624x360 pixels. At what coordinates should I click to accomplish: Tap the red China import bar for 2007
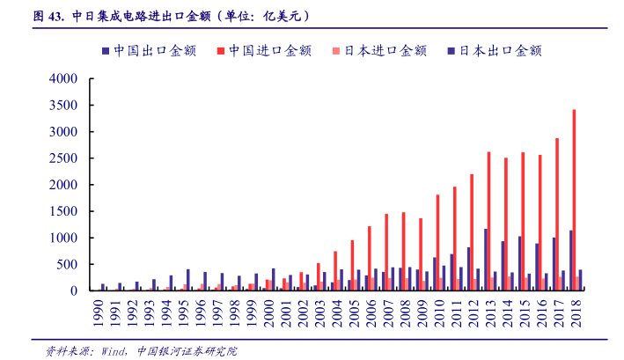[x=386, y=253]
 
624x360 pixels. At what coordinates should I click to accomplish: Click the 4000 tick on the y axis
[x=64, y=79]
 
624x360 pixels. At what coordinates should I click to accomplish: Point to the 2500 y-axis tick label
[x=64, y=158]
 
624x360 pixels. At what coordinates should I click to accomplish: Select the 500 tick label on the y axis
[x=68, y=265]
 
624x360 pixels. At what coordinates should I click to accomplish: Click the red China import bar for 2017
[x=557, y=215]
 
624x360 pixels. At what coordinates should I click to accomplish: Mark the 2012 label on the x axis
[x=472, y=311]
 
